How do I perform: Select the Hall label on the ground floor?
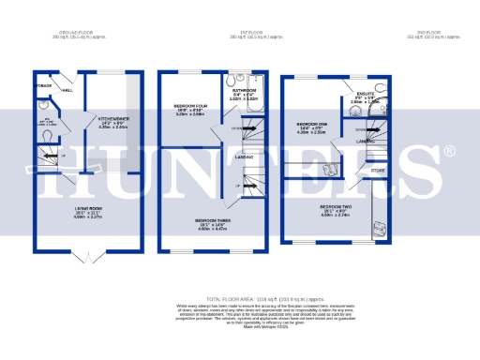tap(68, 91)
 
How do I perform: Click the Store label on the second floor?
tap(378, 170)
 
